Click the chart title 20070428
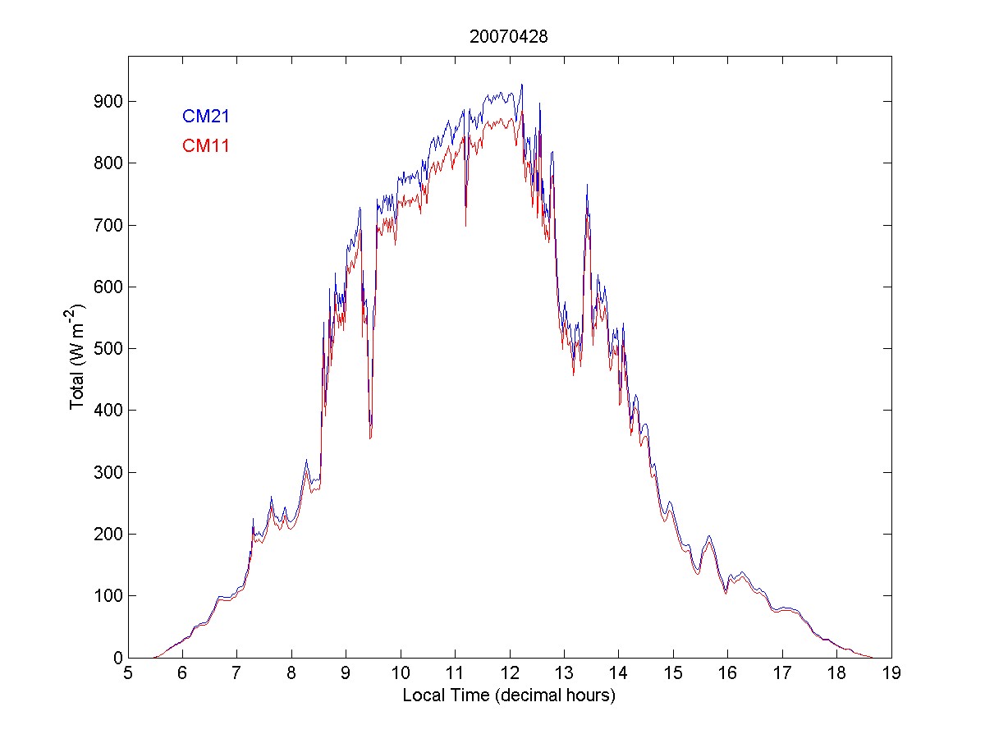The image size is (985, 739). coord(509,36)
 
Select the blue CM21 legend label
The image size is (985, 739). coord(205,116)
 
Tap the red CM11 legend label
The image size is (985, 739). coord(205,146)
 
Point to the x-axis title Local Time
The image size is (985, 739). coord(509,695)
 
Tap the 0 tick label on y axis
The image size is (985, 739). coord(117,658)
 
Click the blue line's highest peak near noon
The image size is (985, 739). coord(521,85)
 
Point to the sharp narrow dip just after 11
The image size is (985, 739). coord(465,223)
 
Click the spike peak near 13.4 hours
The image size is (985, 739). coord(587,186)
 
